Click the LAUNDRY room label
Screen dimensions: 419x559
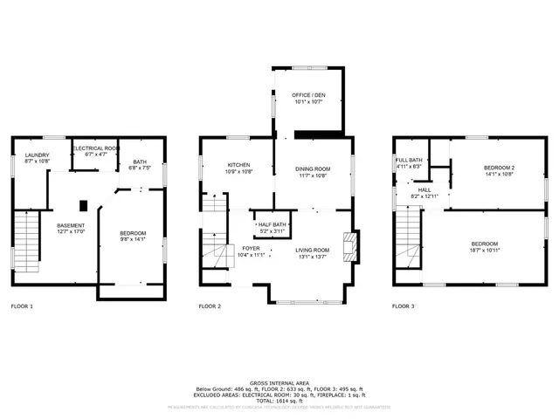(x=37, y=155)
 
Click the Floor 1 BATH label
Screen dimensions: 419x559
(x=140, y=161)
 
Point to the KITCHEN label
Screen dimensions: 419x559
(x=239, y=165)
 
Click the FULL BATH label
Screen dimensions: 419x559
(x=409, y=161)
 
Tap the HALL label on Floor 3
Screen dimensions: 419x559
(x=424, y=189)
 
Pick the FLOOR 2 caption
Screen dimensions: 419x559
(x=210, y=306)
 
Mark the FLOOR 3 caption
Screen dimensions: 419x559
(x=403, y=306)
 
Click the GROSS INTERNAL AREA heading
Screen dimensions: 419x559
(x=279, y=382)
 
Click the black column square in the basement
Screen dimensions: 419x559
(x=83, y=206)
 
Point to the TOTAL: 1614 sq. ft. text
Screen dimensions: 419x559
(x=279, y=399)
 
